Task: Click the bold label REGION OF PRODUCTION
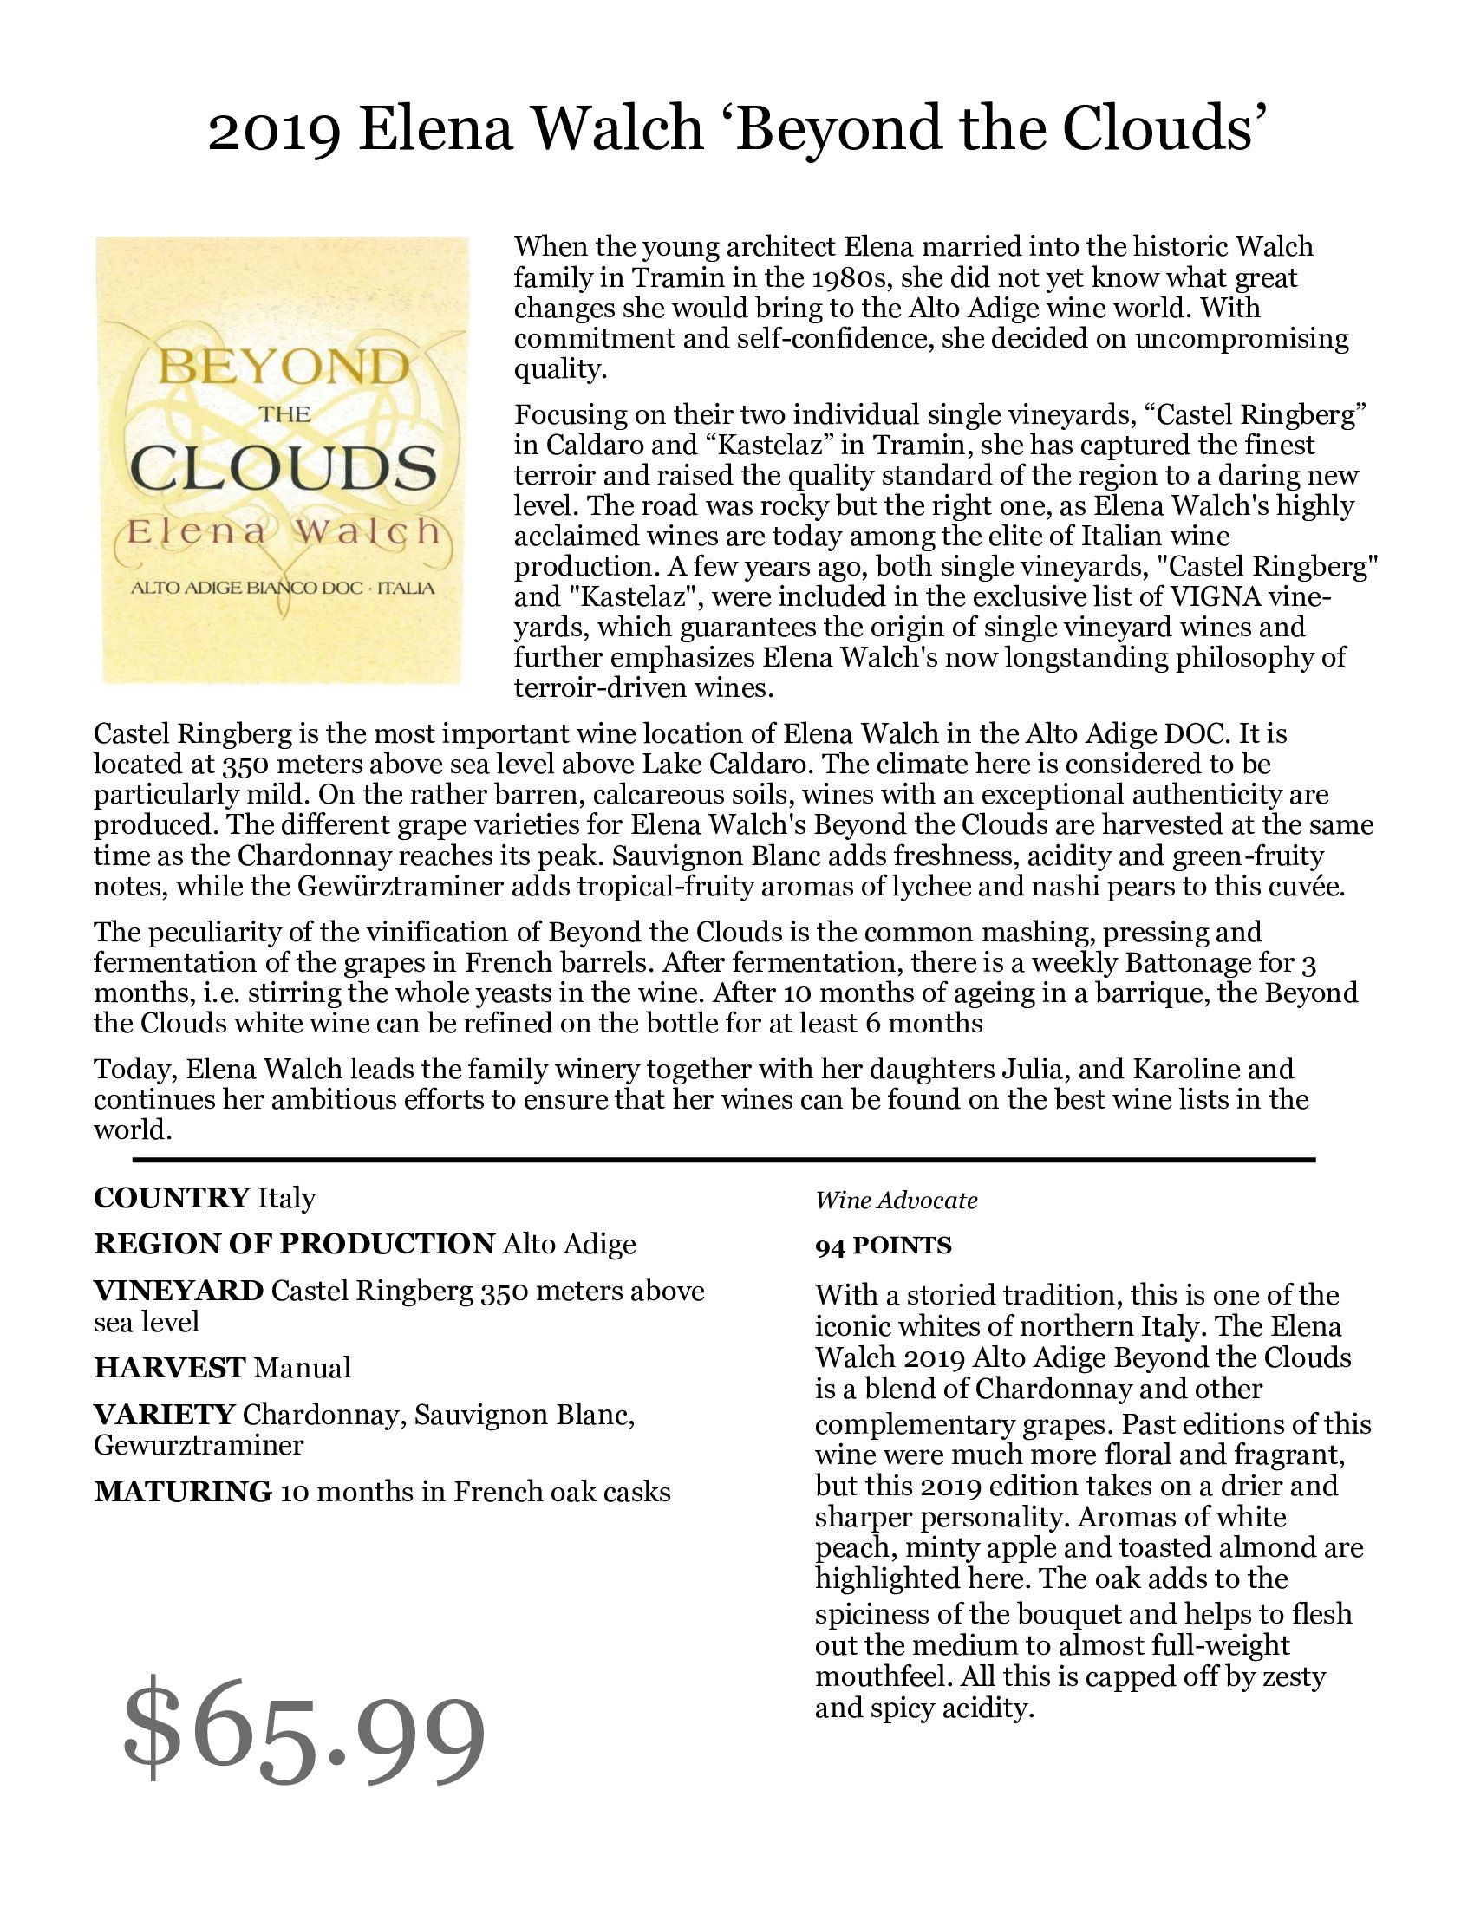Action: click(294, 1243)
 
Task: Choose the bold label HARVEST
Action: click(169, 1366)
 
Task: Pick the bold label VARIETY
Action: click(164, 1414)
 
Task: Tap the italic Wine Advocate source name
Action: click(896, 1201)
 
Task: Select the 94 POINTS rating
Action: click(883, 1245)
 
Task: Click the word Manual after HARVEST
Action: click(302, 1366)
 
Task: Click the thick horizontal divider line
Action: click(723, 1160)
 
